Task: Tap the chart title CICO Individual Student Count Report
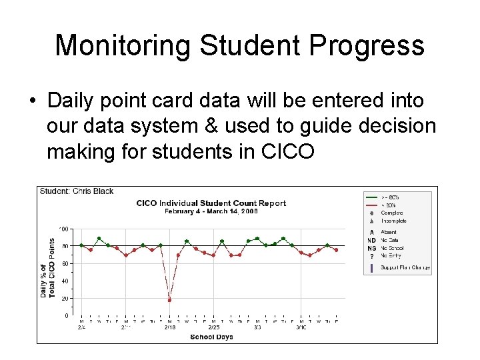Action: click(x=211, y=203)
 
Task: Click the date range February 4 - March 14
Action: click(x=211, y=211)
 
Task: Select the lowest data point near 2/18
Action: click(x=169, y=300)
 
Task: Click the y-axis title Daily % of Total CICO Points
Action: click(x=47, y=268)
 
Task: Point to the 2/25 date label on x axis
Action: click(x=213, y=328)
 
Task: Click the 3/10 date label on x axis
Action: click(x=301, y=328)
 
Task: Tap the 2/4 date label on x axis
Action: click(x=81, y=328)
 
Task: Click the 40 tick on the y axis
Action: click(x=65, y=281)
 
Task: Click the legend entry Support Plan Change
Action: click(x=405, y=268)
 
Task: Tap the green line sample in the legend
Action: click(x=371, y=197)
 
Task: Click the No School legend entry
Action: click(x=392, y=248)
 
